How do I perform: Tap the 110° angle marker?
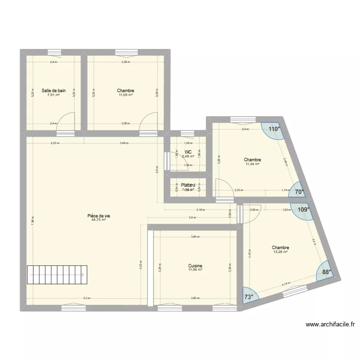274,129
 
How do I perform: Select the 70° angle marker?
300,192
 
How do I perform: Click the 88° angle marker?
326,272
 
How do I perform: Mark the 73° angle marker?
249,297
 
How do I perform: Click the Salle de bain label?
53,90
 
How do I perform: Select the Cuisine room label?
195,265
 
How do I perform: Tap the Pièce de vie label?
99,216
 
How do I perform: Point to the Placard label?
188,185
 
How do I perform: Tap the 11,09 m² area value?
125,95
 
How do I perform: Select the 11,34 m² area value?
252,164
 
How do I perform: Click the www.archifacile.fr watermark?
330,324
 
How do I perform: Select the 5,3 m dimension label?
86,298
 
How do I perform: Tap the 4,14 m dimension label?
286,284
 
